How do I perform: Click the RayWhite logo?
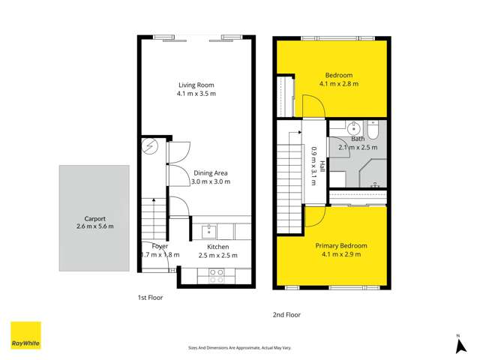tap(25, 335)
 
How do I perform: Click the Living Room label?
tap(196, 84)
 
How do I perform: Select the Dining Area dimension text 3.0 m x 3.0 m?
tap(211, 181)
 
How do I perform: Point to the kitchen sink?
tap(211, 231)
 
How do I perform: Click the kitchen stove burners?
tap(217, 275)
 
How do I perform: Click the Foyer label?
tap(160, 246)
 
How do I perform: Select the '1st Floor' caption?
tap(150, 298)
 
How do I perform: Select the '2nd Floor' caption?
tap(286, 315)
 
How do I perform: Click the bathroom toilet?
tap(376, 130)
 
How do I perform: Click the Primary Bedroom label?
tap(342, 246)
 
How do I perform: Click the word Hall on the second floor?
tap(323, 166)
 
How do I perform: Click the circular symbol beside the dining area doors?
tap(150, 145)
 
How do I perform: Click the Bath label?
tap(358, 139)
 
